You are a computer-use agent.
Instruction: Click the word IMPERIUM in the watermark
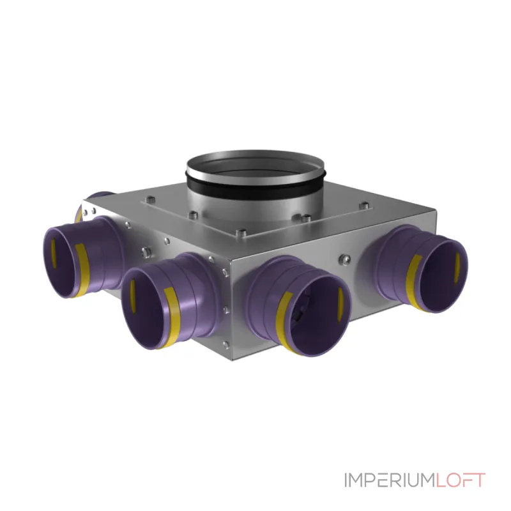point(390,480)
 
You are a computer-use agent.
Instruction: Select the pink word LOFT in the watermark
point(460,480)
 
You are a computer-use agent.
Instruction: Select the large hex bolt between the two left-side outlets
point(146,251)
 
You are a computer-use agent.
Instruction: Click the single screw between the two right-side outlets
point(344,259)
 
